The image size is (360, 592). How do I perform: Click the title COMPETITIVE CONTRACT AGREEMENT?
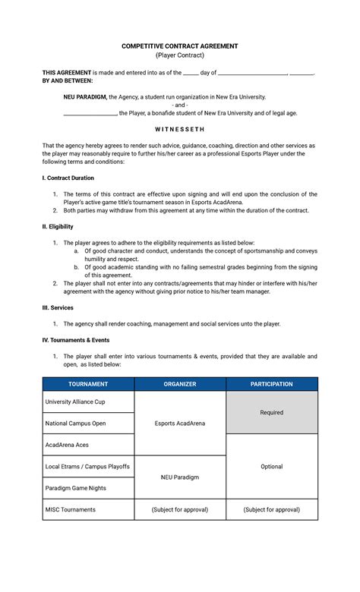coord(180,46)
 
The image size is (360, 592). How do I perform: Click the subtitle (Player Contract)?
coord(180,56)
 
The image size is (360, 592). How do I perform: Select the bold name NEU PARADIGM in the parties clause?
coord(84,97)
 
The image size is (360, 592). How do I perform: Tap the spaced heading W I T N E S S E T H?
coord(180,129)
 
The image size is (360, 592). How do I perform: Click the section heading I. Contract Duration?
coord(68,178)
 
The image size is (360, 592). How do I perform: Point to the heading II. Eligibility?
coord(58,226)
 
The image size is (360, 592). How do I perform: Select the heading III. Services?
coord(57,307)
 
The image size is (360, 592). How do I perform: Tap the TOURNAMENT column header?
coord(88,384)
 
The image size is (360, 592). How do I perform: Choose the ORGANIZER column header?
coord(180,384)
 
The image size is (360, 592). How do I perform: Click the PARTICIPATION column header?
coord(271,384)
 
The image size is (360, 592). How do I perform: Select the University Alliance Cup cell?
coord(75,401)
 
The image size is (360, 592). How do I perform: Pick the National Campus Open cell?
coord(76,423)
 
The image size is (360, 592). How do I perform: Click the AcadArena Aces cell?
coord(67,445)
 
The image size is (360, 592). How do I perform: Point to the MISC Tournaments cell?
coord(71,509)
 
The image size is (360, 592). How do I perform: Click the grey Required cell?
coord(271,412)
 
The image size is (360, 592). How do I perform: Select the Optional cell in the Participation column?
coord(271,467)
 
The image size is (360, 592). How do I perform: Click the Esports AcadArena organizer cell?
coord(180,423)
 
